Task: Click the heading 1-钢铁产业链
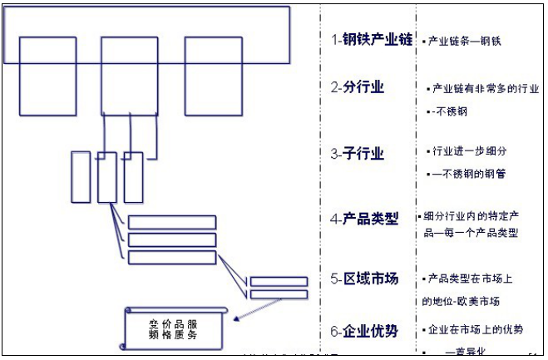coord(371,39)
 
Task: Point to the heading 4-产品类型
coord(364,219)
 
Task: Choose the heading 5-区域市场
coord(364,279)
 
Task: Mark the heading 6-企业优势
coord(364,331)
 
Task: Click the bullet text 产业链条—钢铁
coord(464,40)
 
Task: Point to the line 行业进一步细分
coord(470,151)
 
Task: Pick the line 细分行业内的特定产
coord(472,215)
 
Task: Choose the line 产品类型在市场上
coord(472,278)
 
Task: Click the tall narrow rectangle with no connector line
coord(81,175)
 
